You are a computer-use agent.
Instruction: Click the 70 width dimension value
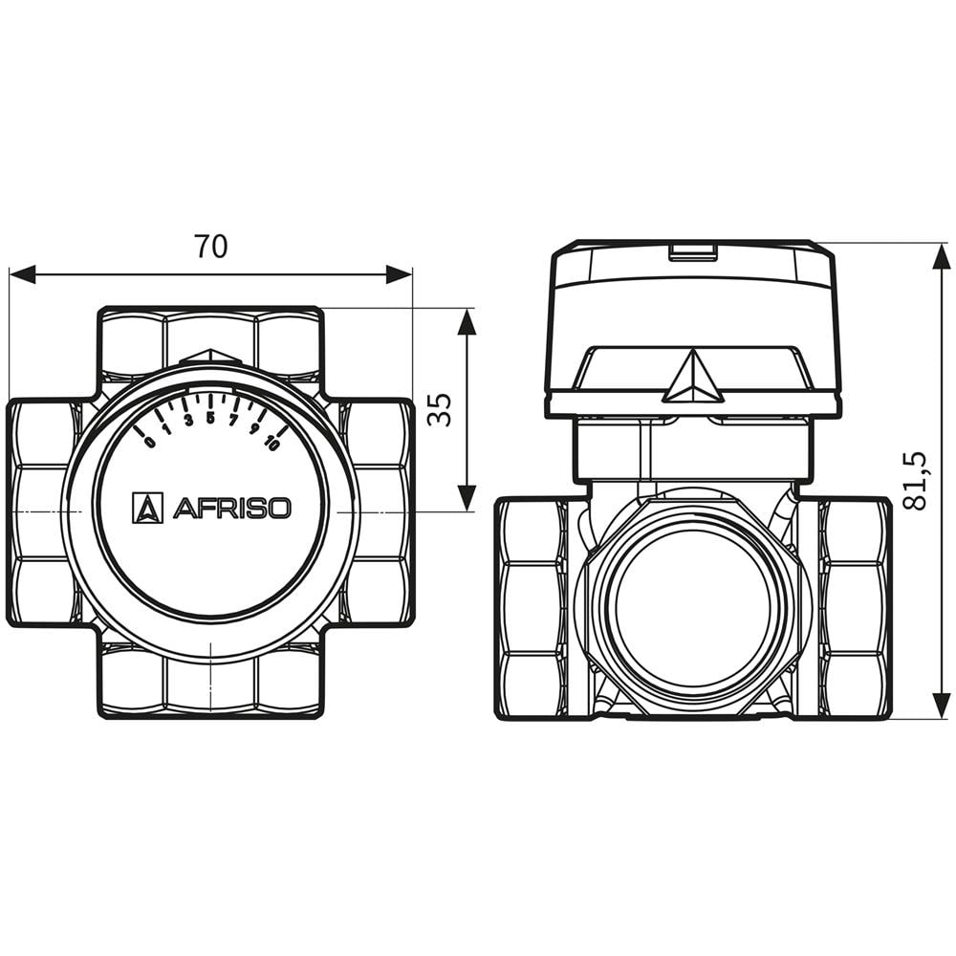point(211,247)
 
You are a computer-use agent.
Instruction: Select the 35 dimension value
point(439,408)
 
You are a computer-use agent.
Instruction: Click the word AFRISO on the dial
point(231,508)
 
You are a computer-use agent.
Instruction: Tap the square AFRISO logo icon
point(147,508)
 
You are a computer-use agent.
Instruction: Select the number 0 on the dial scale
point(149,442)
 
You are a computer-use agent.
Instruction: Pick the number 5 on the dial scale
point(210,417)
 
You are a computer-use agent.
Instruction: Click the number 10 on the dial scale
point(272,443)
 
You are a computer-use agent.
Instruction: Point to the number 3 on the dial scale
point(187,421)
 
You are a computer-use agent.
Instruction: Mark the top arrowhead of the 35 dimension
point(467,322)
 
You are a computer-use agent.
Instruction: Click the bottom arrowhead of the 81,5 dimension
point(942,706)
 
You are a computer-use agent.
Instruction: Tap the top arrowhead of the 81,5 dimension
point(942,257)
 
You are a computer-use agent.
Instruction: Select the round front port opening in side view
point(693,606)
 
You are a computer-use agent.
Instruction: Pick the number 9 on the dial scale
point(254,429)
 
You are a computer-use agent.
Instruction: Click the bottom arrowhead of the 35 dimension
point(467,497)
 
